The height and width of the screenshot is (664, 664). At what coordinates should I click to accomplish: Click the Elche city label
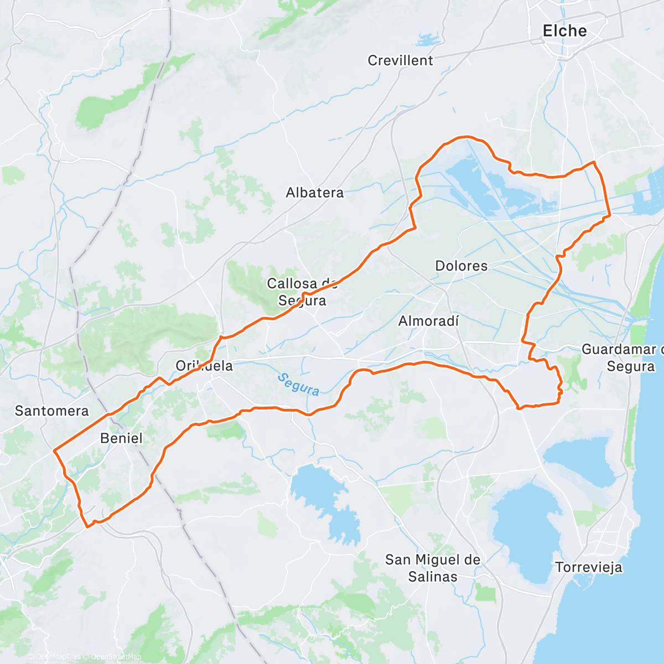(564, 31)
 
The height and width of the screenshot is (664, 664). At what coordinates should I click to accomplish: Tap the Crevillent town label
(400, 60)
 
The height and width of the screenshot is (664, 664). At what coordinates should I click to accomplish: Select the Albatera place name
(314, 193)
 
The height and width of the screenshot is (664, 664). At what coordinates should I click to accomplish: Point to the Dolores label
(461, 266)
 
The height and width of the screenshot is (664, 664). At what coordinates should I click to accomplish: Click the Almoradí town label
(429, 321)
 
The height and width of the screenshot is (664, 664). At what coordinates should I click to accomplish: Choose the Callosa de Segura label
(302, 292)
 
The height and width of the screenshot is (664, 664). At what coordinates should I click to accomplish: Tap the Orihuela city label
(204, 366)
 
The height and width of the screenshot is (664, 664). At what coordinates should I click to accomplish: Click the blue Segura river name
(298, 385)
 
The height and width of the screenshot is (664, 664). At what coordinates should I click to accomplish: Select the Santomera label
(51, 411)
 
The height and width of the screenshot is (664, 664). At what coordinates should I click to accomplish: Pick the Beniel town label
(121, 438)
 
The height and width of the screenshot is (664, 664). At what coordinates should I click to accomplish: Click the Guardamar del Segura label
(622, 357)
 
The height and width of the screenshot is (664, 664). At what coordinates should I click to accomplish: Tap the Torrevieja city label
(588, 567)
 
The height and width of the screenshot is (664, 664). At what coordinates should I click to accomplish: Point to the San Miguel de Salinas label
(433, 568)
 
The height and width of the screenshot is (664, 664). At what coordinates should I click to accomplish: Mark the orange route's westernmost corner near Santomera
(54, 451)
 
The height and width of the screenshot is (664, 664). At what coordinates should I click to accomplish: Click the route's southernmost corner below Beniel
(87, 526)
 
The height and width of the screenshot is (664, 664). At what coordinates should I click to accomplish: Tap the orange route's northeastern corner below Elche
(594, 162)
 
